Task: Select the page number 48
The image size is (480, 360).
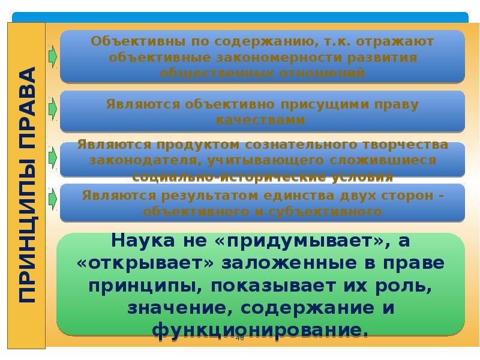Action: click(x=240, y=338)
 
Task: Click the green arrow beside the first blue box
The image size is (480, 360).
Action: click(x=53, y=56)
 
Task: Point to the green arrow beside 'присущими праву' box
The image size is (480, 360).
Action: click(x=53, y=109)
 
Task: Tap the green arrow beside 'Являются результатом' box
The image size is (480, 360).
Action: click(x=53, y=199)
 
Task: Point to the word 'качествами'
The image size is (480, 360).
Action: click(x=260, y=119)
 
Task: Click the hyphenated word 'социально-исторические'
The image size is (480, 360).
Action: click(x=229, y=176)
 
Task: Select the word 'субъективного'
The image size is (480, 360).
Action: click(x=325, y=212)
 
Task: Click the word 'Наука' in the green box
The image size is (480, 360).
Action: click(x=143, y=241)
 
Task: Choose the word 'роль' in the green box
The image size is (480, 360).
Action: click(x=403, y=286)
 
